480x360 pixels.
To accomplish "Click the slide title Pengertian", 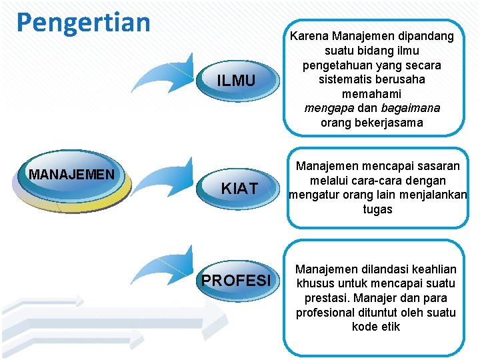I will (83, 21).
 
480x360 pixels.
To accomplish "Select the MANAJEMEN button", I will (72, 175).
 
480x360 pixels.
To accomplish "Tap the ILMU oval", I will (236, 81).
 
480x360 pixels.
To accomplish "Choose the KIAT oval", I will (239, 189).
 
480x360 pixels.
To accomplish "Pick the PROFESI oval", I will (237, 280).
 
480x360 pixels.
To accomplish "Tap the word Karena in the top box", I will (309, 36).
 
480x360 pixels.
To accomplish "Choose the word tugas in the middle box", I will (377, 209).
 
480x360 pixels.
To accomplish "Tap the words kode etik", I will (376, 327).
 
